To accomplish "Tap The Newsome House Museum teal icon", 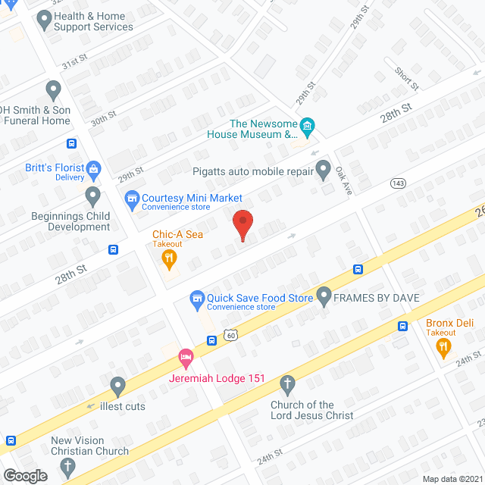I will pyautogui.click(x=308, y=127).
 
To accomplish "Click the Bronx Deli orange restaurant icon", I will pyautogui.click(x=443, y=348).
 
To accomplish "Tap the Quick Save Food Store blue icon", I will pyautogui.click(x=197, y=298).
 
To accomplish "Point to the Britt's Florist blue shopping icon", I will pyautogui.click(x=94, y=167).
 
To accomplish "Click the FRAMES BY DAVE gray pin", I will pyautogui.click(x=324, y=294).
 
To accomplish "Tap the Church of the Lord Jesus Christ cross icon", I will pyautogui.click(x=286, y=385).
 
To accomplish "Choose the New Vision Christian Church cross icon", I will pyautogui.click(x=67, y=467).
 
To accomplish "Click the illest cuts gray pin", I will pyautogui.click(x=117, y=386).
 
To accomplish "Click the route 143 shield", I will pyautogui.click(x=398, y=183).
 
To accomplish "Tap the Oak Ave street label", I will pyautogui.click(x=343, y=182).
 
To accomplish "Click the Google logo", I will pyautogui.click(x=25, y=475).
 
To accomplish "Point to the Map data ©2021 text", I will pyautogui.click(x=452, y=479).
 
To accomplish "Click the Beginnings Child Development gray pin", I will pyautogui.click(x=93, y=196).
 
